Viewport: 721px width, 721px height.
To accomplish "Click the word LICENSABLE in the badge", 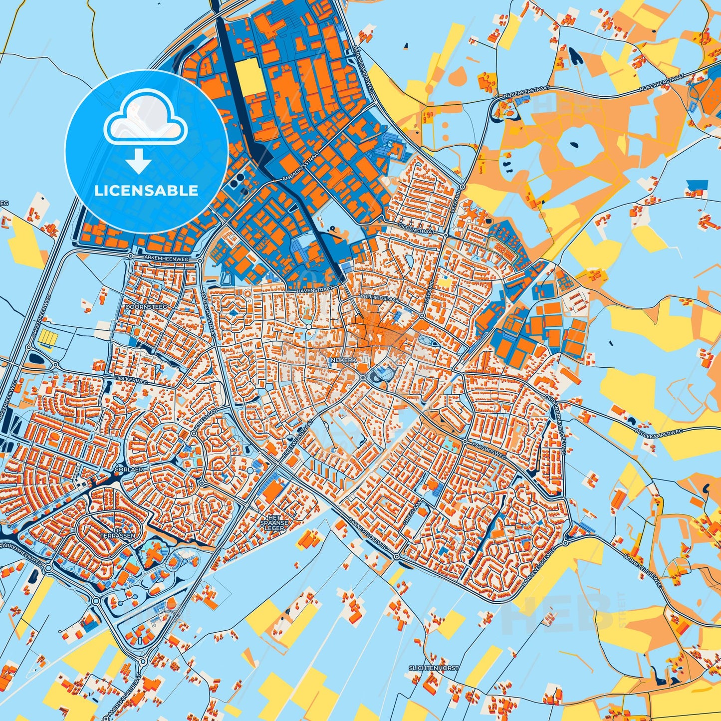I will coord(146,190).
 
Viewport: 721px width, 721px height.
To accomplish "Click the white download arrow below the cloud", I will coord(139,161).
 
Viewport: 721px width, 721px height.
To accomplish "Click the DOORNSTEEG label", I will coord(140,307).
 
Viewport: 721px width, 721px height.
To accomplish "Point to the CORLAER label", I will coord(129,470).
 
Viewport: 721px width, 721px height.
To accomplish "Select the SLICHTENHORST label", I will coord(433,668).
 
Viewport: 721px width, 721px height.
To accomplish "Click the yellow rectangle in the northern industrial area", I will coord(250,77).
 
